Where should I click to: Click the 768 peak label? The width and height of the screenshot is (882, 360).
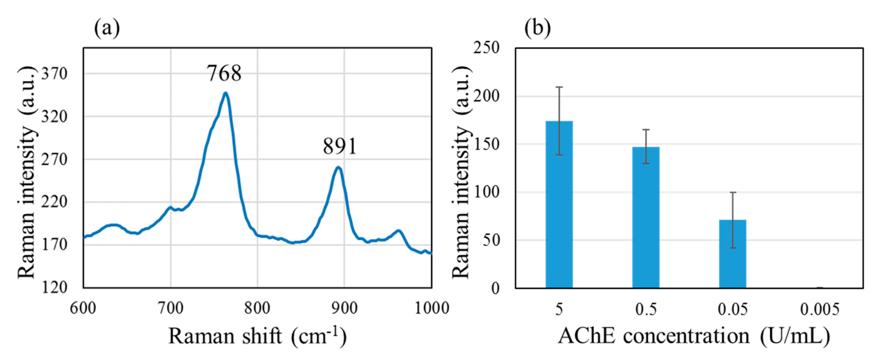click(224, 73)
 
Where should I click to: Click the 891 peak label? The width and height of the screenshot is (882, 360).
click(340, 146)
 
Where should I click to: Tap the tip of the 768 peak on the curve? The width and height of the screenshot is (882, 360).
click(225, 93)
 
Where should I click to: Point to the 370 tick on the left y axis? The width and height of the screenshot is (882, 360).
click(54, 74)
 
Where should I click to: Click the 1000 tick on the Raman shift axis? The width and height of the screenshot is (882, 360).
click(432, 308)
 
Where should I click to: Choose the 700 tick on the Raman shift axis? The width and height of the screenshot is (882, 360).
click(171, 308)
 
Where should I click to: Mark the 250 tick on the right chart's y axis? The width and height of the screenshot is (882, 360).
click(486, 48)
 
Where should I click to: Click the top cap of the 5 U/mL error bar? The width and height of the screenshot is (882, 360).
click(559, 87)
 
